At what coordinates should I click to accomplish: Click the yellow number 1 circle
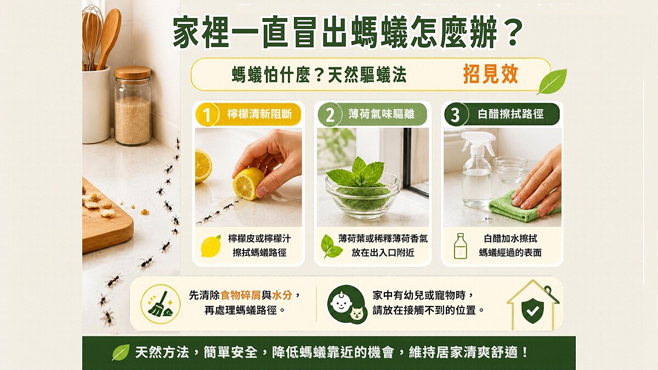[207, 114]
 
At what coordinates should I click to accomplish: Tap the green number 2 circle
[330, 115]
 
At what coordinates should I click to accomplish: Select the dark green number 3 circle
[455, 115]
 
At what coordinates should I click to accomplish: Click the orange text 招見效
[491, 75]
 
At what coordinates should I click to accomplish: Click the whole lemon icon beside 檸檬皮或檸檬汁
[211, 246]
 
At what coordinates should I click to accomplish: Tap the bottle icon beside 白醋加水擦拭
[460, 246]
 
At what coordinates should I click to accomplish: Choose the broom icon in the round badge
[160, 304]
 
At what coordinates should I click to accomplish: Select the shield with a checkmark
[532, 310]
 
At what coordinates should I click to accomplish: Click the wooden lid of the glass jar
[133, 73]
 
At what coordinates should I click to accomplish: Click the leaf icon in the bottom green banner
[121, 352]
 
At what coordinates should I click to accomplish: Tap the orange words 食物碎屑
[240, 295]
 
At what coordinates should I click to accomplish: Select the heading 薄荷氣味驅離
[381, 114]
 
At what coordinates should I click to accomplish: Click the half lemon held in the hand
[247, 184]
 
